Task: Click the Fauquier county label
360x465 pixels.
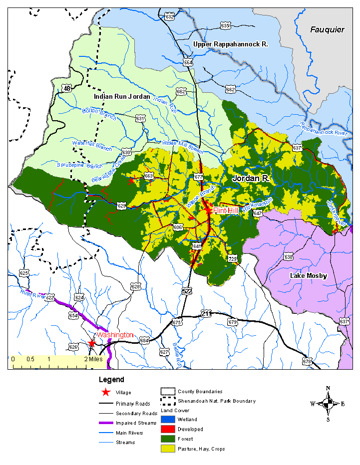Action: tap(327, 30)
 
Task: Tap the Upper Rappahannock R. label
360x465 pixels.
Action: tap(231, 44)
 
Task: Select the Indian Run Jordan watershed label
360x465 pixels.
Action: tap(122, 96)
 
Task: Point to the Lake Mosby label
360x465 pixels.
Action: tap(309, 276)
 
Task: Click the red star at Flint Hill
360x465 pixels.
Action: tap(208, 210)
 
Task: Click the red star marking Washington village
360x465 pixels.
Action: tap(92, 343)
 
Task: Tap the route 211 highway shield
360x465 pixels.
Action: tap(207, 313)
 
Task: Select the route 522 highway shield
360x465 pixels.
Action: tap(187, 291)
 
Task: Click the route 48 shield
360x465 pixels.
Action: tap(67, 88)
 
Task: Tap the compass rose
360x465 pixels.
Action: tap(328, 404)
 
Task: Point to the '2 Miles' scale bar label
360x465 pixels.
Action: tap(93, 359)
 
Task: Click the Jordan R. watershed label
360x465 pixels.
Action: tap(250, 178)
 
